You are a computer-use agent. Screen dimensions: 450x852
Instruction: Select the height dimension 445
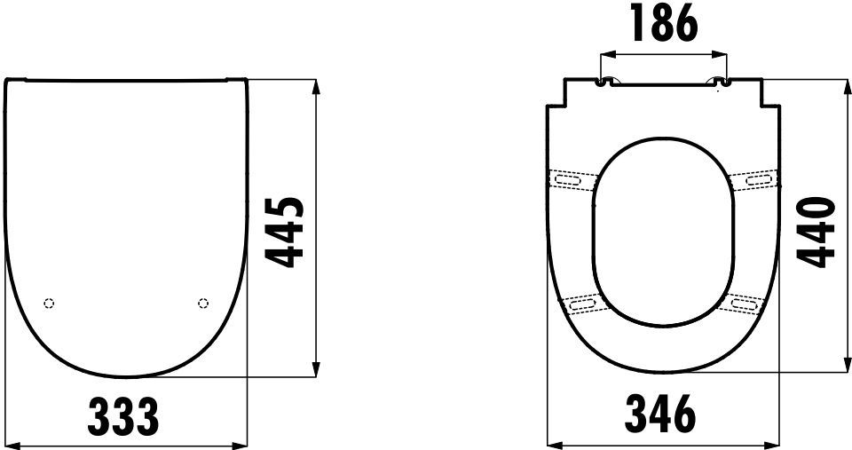click(x=287, y=232)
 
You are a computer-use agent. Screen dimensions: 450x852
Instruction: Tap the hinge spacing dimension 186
click(x=664, y=25)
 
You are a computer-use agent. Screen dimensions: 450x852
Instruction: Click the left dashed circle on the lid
click(x=49, y=304)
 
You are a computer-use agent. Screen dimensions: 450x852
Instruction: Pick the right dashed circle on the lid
click(x=203, y=304)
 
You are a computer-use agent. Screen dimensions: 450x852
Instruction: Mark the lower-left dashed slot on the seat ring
click(x=582, y=305)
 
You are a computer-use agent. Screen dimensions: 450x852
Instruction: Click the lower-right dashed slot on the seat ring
click(x=745, y=305)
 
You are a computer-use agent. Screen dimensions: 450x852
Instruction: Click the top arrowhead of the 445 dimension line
click(x=317, y=85)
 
